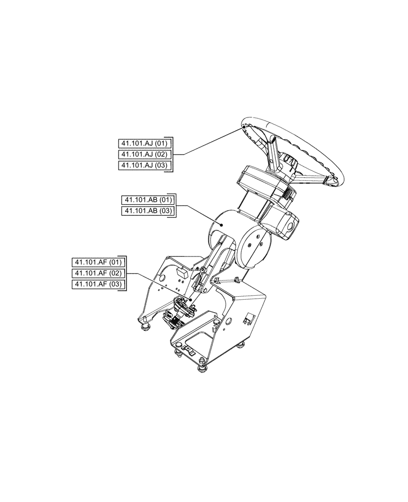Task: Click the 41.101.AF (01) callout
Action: [x=97, y=262]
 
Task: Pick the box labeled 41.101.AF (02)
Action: [x=97, y=274]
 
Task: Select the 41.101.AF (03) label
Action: [x=97, y=285]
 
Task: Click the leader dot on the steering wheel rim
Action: [x=244, y=128]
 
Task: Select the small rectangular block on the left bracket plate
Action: [x=182, y=273]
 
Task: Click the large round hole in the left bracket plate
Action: [x=164, y=277]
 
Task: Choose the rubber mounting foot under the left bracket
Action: [x=146, y=327]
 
